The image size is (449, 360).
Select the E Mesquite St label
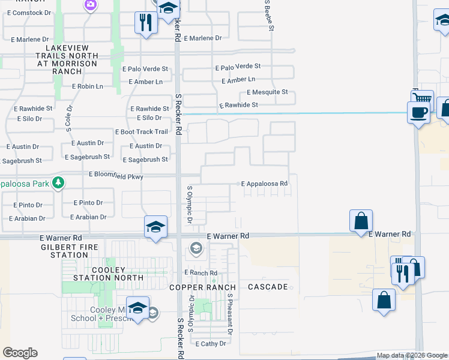267,92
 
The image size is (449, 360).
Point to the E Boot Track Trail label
141,132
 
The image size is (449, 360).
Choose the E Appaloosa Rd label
264,184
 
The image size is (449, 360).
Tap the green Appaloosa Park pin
58,182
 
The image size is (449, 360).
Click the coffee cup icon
418,112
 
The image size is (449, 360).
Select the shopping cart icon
423,99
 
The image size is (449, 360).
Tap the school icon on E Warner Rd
155,227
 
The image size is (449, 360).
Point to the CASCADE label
268,287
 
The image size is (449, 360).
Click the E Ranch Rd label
200,272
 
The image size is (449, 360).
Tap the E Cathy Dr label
211,344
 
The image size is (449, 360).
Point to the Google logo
20,353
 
